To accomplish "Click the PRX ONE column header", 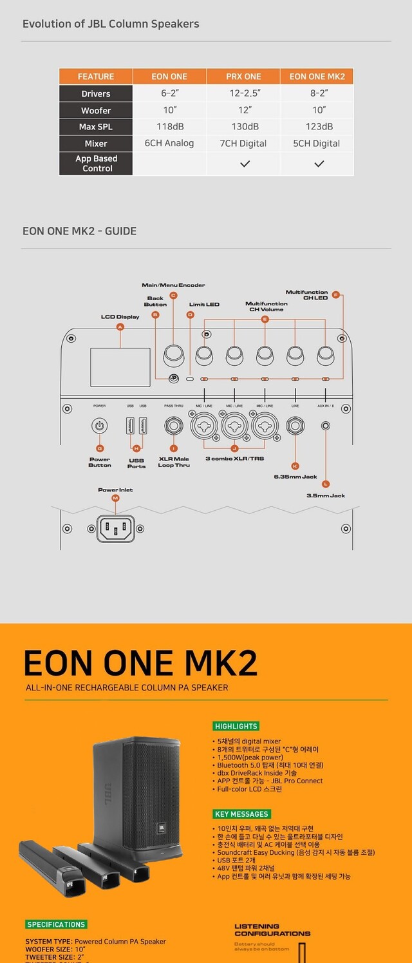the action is (x=243, y=77).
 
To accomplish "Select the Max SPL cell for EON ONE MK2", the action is (x=317, y=127).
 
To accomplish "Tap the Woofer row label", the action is (x=96, y=110).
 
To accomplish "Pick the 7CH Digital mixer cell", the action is (x=243, y=144).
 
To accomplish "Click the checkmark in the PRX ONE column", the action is (x=244, y=164).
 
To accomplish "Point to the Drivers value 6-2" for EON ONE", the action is (x=169, y=93).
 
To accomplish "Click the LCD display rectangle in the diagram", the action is (x=120, y=367).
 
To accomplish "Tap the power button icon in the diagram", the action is (x=99, y=426).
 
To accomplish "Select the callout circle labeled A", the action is (x=120, y=327).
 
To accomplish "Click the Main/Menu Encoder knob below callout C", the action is (x=173, y=353).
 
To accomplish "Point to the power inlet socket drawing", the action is (x=115, y=529).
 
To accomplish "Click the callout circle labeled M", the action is (x=115, y=499).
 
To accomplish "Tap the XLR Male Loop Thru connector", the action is (x=173, y=426).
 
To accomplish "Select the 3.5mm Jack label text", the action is (x=326, y=495).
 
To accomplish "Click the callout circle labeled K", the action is (x=295, y=466).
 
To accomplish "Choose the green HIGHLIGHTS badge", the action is (x=236, y=726).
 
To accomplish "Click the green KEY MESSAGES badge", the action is (x=241, y=814).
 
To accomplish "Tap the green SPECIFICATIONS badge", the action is (x=56, y=924).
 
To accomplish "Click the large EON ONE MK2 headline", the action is (x=140, y=663).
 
